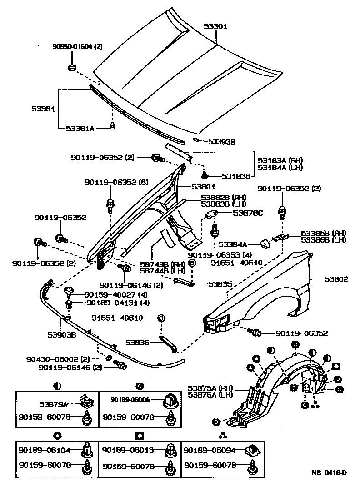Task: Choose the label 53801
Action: pos(203,186)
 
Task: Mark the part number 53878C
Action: pos(248,212)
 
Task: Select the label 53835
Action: pos(220,284)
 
